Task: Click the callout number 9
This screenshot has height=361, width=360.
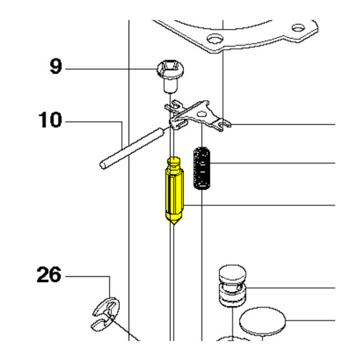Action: (x=56, y=66)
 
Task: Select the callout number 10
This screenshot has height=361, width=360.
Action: (x=50, y=120)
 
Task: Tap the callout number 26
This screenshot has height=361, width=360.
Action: (x=49, y=274)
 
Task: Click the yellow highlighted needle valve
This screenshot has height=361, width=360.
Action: (x=175, y=190)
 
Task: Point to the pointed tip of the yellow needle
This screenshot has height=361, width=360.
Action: (x=174, y=224)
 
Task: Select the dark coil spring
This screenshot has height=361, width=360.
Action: (x=201, y=168)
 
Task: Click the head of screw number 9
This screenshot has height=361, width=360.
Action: (x=170, y=69)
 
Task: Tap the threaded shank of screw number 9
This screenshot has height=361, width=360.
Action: (x=170, y=86)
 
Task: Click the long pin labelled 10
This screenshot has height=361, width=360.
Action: (x=132, y=148)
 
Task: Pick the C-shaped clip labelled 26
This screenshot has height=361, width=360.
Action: (x=106, y=314)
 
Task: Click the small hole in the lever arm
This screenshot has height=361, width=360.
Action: (x=201, y=114)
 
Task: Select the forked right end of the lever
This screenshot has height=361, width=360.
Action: (x=223, y=124)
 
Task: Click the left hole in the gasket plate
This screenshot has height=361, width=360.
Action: (x=215, y=39)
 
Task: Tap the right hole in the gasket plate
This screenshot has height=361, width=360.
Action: (x=298, y=27)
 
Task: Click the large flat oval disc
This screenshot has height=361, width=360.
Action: (x=262, y=322)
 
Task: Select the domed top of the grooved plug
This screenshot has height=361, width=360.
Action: (x=232, y=273)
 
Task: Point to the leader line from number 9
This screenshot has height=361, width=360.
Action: (x=111, y=69)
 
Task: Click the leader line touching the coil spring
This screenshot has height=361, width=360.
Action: (x=273, y=163)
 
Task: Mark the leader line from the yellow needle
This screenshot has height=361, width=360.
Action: (x=259, y=205)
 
